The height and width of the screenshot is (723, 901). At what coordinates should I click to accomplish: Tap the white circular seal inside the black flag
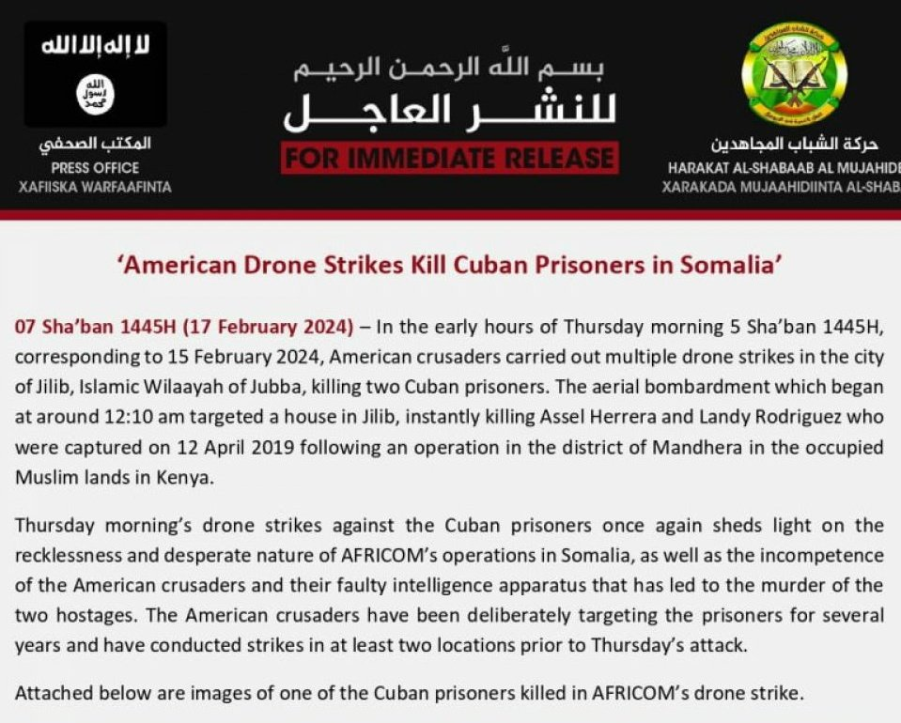tap(95, 96)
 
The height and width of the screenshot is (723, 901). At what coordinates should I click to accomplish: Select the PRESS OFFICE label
tap(95, 168)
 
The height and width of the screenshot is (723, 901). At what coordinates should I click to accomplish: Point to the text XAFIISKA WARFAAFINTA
tap(95, 187)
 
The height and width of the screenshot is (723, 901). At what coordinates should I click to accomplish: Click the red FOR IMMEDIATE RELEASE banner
tap(449, 158)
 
